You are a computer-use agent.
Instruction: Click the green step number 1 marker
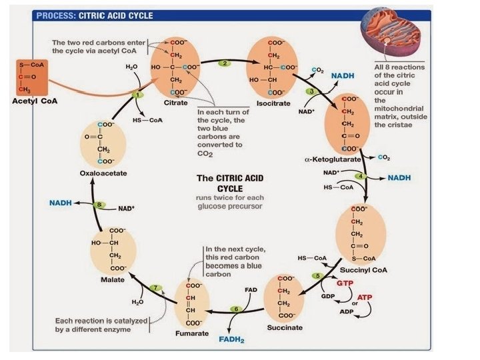(138, 95)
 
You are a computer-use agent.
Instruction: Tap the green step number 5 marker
(319, 276)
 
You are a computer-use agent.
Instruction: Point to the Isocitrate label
(273, 104)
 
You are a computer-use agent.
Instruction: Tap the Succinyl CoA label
(364, 271)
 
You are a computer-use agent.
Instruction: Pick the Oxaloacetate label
(103, 173)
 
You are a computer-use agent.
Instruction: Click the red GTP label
(345, 283)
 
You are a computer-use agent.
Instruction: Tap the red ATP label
(365, 297)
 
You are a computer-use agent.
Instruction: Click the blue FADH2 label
(233, 339)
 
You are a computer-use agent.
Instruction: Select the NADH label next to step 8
(61, 202)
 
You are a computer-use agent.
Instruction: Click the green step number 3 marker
(310, 91)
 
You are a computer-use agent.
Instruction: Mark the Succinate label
(285, 327)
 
